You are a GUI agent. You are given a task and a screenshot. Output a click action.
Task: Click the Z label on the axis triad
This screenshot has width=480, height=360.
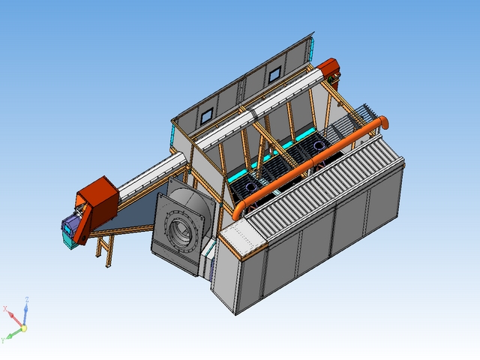(27, 299)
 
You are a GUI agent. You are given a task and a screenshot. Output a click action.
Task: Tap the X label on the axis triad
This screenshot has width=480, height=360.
(5, 308)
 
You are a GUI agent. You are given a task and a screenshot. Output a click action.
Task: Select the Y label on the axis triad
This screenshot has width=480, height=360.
(3, 340)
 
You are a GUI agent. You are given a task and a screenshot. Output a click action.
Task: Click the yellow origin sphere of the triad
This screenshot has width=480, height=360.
(23, 328)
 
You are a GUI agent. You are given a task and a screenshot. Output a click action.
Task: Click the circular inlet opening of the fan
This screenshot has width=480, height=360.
(180, 229)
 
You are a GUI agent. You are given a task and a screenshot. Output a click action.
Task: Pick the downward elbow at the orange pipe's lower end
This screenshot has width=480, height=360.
(238, 210)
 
